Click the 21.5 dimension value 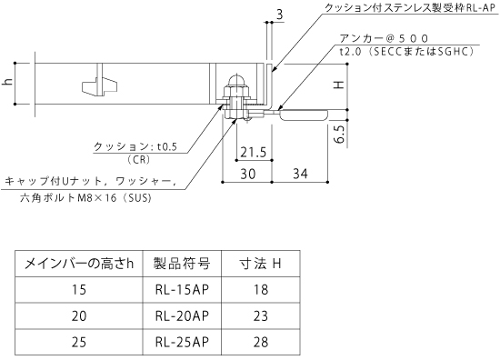coord(254,153)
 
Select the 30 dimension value coord(248,174)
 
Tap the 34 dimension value coord(300,174)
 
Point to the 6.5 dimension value coord(339,134)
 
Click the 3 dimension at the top coord(279,15)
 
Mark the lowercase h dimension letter coord(7,82)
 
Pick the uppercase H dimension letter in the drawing coord(339,85)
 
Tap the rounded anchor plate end coord(304,115)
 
